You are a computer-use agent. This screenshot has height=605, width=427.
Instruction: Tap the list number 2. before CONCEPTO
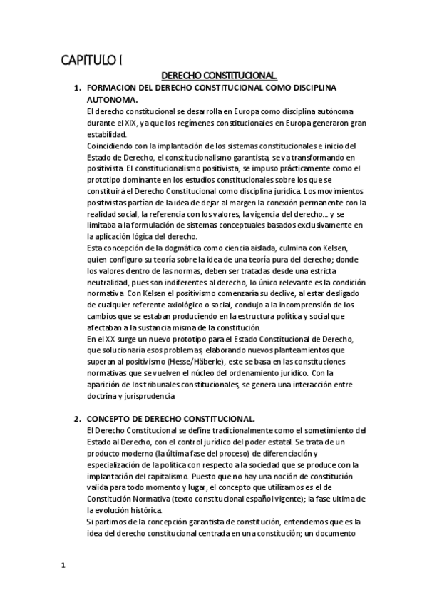pos(78,418)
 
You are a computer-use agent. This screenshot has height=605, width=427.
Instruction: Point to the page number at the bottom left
pos(63,566)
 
